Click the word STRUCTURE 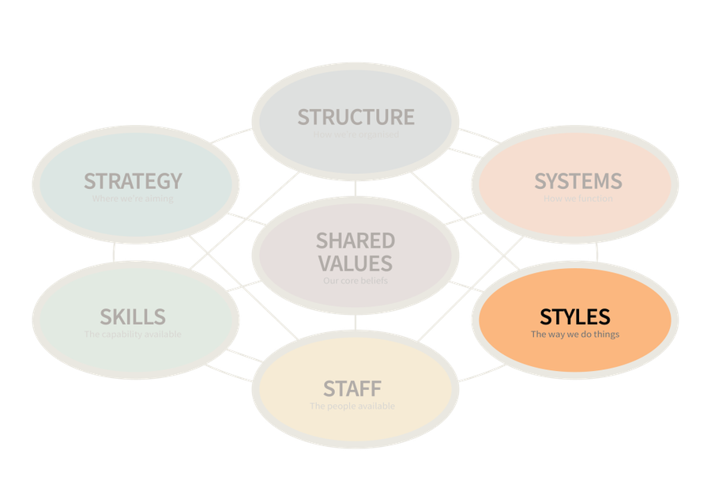pos(355,117)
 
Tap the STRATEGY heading pos(133,181)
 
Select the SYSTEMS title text pos(577,181)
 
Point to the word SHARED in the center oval pos(355,240)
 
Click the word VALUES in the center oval pos(355,263)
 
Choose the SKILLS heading pos(133,317)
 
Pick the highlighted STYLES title pos(575,317)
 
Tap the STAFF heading pos(352,389)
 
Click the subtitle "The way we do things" pos(575,335)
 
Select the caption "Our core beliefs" pos(355,281)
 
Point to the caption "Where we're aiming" pos(133,199)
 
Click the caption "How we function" pos(577,199)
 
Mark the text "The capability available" pos(133,335)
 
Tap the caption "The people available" pos(352,407)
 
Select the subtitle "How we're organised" pos(355,134)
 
